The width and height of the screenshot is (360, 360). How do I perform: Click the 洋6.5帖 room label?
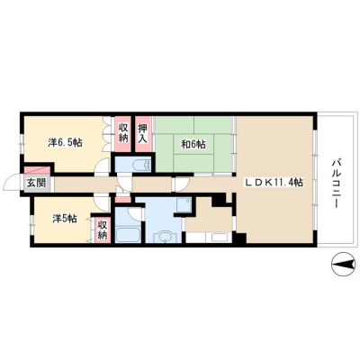[x=66, y=142]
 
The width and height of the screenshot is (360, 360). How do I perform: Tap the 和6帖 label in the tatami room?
[x=193, y=145]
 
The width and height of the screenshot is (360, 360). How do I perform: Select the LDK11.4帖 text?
[x=274, y=183]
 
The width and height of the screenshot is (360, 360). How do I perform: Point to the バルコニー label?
[x=335, y=184]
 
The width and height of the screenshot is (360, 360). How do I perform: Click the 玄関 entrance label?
[x=36, y=184]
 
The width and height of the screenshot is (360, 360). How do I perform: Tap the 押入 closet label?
[x=143, y=133]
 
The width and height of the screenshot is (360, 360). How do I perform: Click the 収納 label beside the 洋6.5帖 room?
[x=123, y=132]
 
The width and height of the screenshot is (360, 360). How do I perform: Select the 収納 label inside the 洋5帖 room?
[x=103, y=229]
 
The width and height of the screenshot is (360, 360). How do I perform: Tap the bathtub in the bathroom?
[x=128, y=235]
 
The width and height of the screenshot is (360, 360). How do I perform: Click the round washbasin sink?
[x=164, y=237]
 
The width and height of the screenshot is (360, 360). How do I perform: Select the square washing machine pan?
[x=184, y=205]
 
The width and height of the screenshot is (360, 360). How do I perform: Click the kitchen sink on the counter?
[x=220, y=238]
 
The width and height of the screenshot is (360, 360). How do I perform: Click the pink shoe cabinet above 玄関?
[x=37, y=170]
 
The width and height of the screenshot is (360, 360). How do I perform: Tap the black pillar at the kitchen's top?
[x=219, y=201]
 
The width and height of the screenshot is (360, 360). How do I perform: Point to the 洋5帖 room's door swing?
[x=103, y=203]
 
